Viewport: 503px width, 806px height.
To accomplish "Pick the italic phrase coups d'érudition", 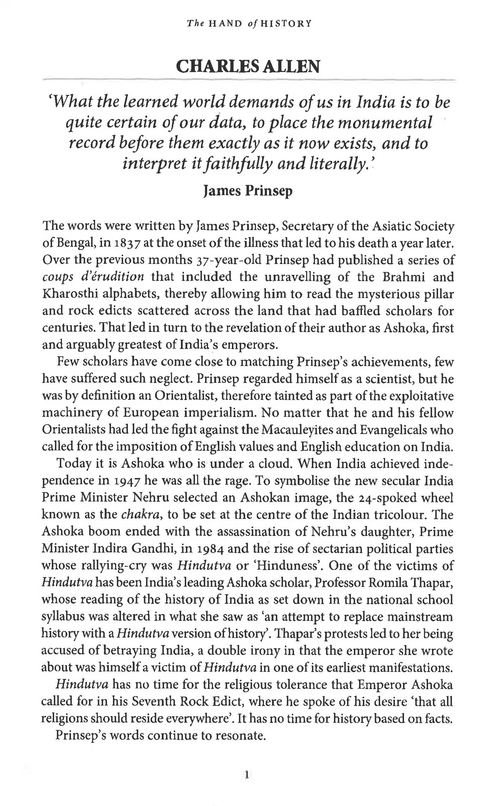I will (x=93, y=277).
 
